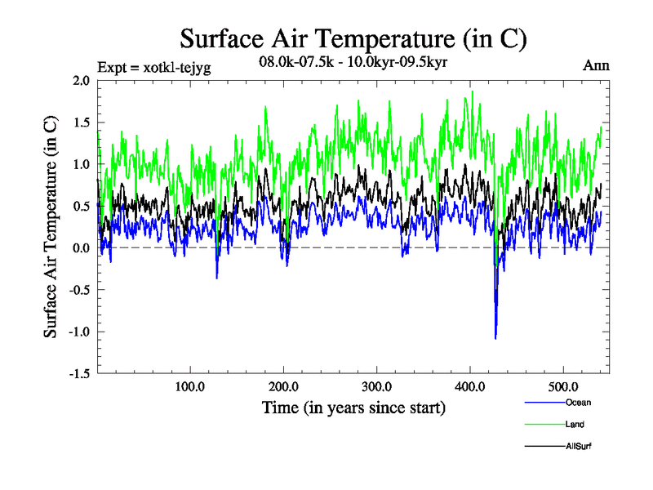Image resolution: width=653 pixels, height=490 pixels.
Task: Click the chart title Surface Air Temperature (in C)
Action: click(x=353, y=38)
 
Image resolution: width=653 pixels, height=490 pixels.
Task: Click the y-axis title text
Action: click(x=51, y=227)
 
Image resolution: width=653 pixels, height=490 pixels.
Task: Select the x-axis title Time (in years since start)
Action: click(x=353, y=408)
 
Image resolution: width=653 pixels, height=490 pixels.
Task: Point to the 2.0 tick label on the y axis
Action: click(x=80, y=80)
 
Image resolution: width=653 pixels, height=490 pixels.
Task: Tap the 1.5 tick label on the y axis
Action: click(x=80, y=122)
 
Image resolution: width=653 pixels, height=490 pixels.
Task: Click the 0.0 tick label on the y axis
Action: click(x=80, y=247)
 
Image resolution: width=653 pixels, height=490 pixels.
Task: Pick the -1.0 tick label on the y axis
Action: click(x=78, y=332)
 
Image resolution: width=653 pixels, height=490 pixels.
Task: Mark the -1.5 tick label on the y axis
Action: click(x=78, y=373)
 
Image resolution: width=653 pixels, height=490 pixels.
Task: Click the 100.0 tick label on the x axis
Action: click(x=190, y=387)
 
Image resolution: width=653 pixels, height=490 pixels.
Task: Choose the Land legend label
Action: click(x=575, y=425)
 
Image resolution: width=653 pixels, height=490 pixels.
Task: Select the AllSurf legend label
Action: click(x=578, y=447)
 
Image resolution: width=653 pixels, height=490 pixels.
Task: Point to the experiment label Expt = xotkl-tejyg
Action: click(x=153, y=68)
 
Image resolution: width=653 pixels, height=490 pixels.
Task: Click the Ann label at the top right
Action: click(x=597, y=65)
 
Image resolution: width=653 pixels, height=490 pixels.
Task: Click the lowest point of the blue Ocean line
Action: click(x=495, y=338)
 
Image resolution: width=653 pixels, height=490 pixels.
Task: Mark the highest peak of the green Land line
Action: click(x=473, y=91)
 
